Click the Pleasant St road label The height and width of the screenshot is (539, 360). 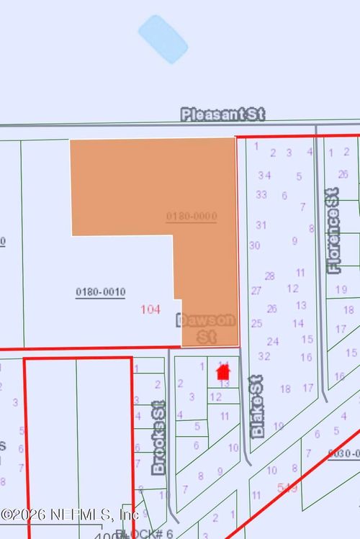pyautogui.click(x=223, y=114)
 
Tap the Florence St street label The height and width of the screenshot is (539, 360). pyautogui.click(x=333, y=231)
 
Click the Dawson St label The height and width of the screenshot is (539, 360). pyautogui.click(x=207, y=328)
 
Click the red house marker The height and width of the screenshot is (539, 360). pyautogui.click(x=222, y=372)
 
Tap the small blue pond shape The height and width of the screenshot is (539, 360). pyautogui.click(x=163, y=39)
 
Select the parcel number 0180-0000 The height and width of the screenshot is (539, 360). pyautogui.click(x=192, y=216)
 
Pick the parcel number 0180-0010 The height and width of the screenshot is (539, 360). pyautogui.click(x=100, y=292)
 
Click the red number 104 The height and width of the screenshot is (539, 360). pyautogui.click(x=150, y=309)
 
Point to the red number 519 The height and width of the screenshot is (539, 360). pyautogui.click(x=288, y=488)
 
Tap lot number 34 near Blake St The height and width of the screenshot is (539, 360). pyautogui.click(x=264, y=175)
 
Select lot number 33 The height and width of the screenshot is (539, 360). pyautogui.click(x=261, y=194)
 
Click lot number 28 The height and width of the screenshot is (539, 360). pyautogui.click(x=269, y=276)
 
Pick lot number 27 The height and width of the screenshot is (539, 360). pyautogui.click(x=256, y=291)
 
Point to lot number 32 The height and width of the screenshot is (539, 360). pyautogui.click(x=264, y=355)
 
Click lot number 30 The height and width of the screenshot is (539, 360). pyautogui.click(x=254, y=245)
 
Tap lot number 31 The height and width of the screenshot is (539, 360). pyautogui.click(x=261, y=225)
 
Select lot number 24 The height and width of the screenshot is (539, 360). pyautogui.click(x=273, y=341)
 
